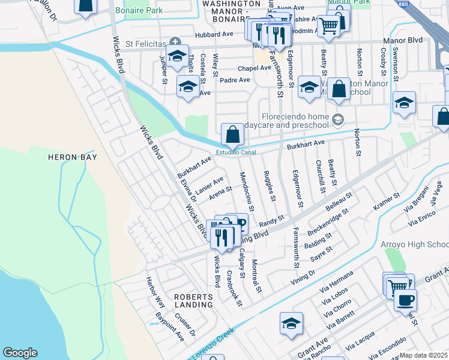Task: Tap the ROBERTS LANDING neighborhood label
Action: (x=193, y=301)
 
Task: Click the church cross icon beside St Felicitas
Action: (x=175, y=41)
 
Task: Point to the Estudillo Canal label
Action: (x=236, y=152)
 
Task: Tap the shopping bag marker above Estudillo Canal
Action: (x=232, y=135)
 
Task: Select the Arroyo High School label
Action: (x=414, y=244)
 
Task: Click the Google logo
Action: (x=20, y=353)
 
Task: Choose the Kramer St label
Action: (x=387, y=200)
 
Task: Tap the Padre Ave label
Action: (x=236, y=80)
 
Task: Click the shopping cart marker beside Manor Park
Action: (x=328, y=26)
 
